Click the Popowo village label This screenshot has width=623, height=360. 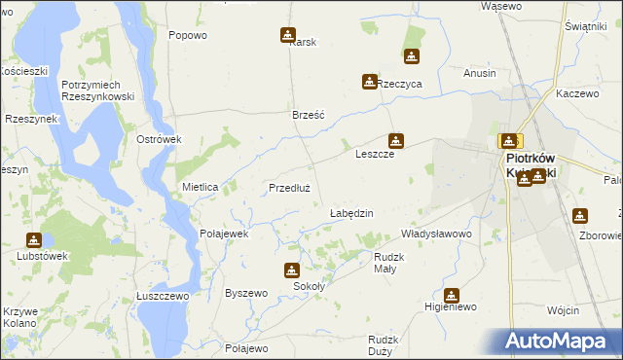click(x=188, y=35)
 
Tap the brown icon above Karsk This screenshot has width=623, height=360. click(x=288, y=35)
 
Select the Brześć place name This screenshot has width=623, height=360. click(x=309, y=115)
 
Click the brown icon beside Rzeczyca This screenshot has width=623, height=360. click(x=369, y=82)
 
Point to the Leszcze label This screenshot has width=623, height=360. click(x=374, y=155)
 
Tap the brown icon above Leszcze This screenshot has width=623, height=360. click(x=395, y=140)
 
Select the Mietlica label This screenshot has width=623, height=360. click(x=200, y=186)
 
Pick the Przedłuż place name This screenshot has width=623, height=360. click(x=289, y=188)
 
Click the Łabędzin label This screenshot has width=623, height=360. click(x=351, y=213)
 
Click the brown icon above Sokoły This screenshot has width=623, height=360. click(x=291, y=270)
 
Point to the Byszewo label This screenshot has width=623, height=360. click(x=245, y=293)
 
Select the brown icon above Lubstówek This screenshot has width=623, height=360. click(x=34, y=239)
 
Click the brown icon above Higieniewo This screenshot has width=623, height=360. click(x=452, y=294)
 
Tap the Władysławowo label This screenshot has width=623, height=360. click(x=436, y=234)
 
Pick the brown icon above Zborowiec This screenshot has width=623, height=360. click(x=581, y=216)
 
